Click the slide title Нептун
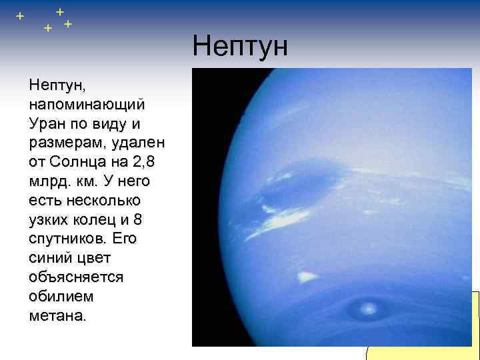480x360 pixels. point(240,47)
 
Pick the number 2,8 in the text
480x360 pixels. point(147,162)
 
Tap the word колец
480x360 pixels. point(100,219)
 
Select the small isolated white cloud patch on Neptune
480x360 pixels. point(307,276)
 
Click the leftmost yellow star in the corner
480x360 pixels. point(21,15)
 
